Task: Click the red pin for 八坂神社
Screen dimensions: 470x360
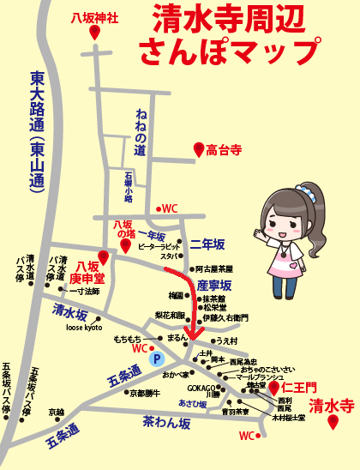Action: tap(94, 32)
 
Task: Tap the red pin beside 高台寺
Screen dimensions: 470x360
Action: tap(199, 149)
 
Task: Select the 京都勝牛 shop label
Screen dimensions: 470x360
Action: tap(145, 393)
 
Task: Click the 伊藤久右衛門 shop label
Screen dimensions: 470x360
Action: tap(225, 318)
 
